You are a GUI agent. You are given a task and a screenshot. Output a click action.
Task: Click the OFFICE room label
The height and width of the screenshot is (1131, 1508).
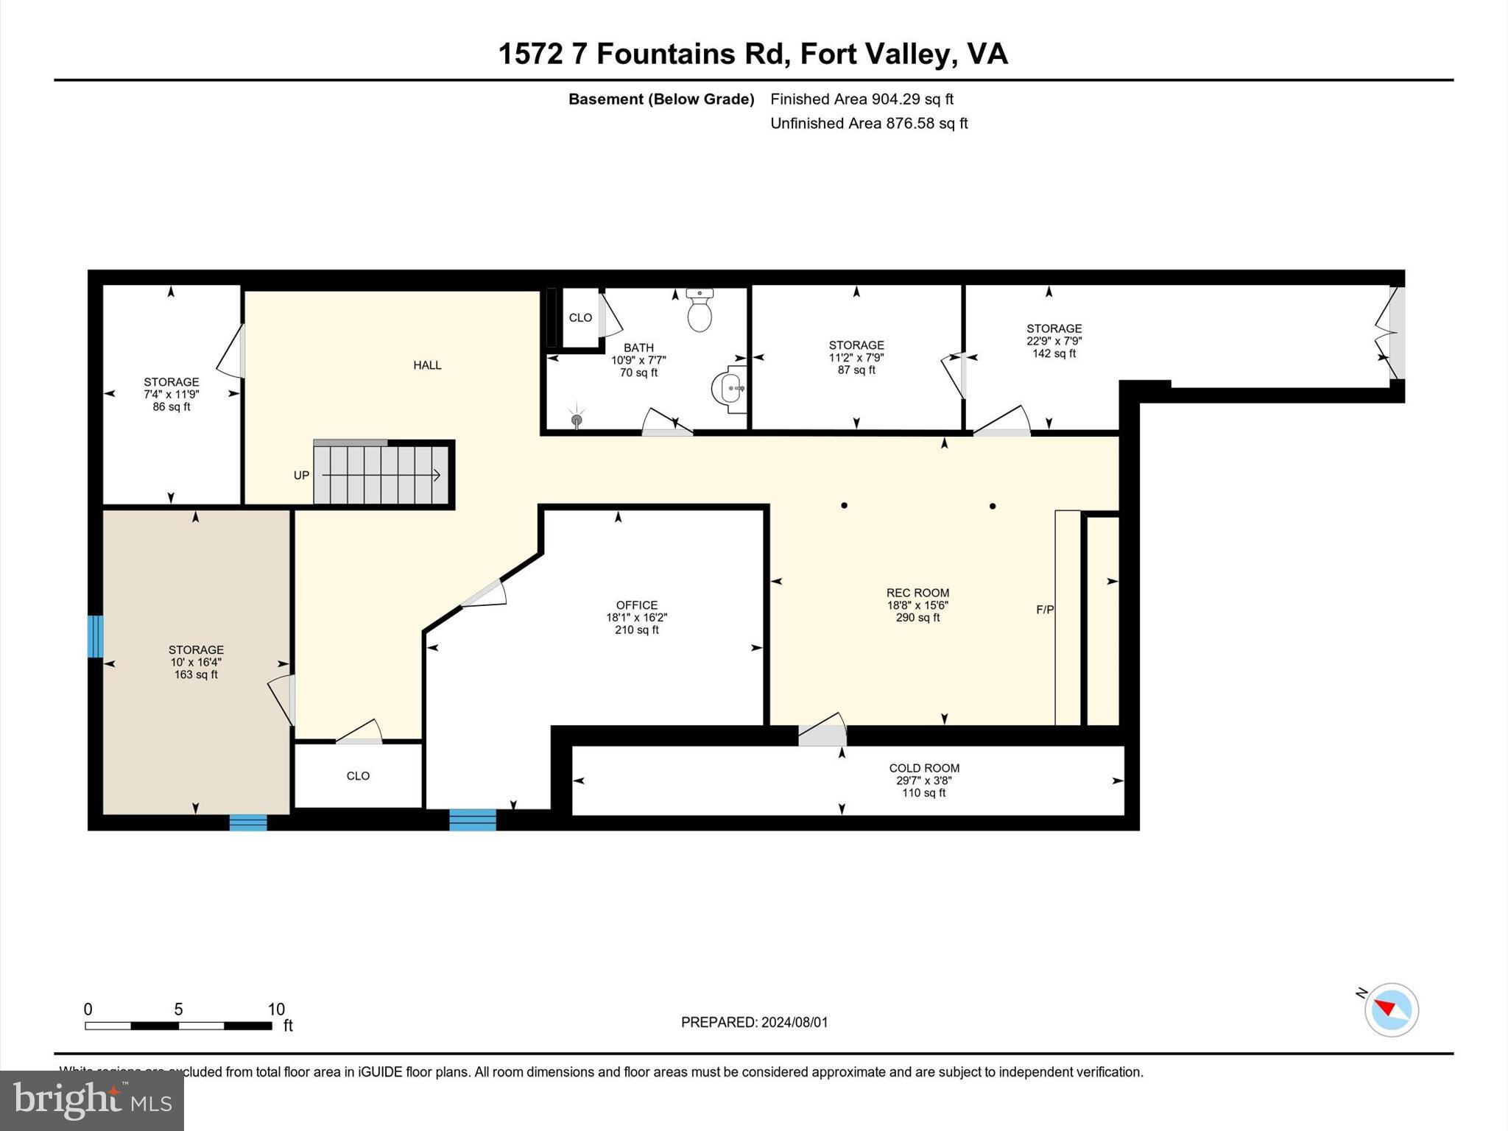tap(637, 605)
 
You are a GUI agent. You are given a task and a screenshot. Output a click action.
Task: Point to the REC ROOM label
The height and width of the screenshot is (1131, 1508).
tap(917, 593)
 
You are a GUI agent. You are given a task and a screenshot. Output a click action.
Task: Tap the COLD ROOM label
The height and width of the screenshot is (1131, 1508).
tap(924, 768)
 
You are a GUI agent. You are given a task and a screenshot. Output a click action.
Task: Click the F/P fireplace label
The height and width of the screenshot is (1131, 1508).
tap(1045, 610)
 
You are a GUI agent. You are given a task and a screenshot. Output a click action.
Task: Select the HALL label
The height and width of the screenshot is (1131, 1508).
tap(427, 365)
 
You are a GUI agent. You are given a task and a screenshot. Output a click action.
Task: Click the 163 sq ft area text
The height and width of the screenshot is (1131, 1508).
tap(196, 674)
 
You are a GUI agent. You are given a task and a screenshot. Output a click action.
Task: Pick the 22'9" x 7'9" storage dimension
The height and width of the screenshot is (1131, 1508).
tap(1054, 341)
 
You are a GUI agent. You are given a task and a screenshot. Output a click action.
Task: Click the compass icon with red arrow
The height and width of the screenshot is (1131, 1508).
tap(1391, 1010)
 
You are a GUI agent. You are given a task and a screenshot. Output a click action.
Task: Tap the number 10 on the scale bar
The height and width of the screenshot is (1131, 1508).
tap(276, 1010)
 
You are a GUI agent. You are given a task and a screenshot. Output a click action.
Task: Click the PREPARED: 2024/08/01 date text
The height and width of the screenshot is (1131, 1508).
tap(754, 1022)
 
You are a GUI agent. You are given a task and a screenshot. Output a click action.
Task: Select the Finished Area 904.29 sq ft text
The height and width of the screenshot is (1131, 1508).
tap(862, 99)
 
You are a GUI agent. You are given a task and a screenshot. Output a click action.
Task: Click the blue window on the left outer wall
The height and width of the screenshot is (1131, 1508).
tap(95, 636)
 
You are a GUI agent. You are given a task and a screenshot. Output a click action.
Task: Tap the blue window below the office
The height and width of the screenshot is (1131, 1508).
tap(473, 820)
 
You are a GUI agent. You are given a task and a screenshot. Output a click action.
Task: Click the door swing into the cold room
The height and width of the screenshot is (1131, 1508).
tap(822, 731)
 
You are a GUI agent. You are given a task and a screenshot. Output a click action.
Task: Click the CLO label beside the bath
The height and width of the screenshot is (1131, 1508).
tap(580, 317)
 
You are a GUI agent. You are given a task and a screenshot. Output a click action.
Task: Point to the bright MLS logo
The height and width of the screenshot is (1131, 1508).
tap(92, 1100)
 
